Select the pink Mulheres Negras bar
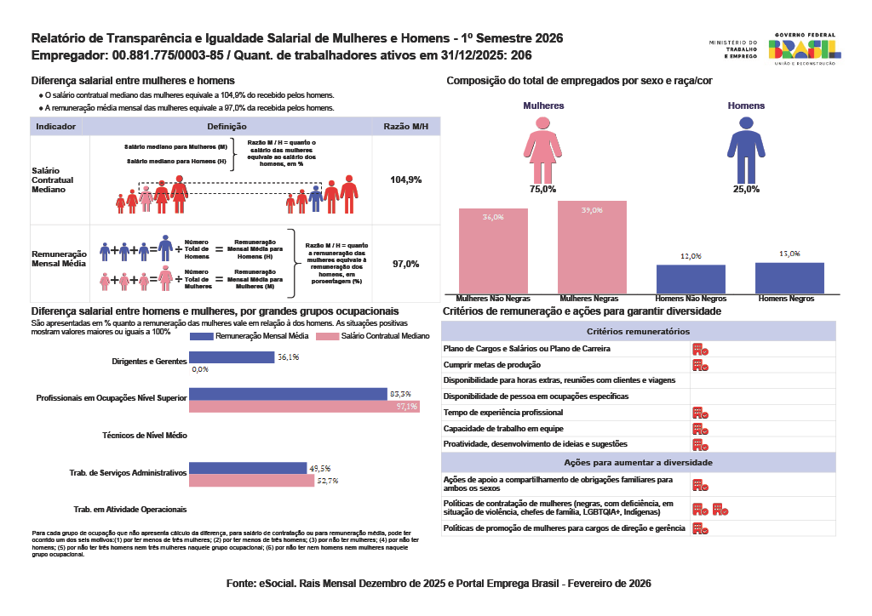(x=592, y=248)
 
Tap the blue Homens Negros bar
(x=789, y=278)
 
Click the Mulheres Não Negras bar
(x=493, y=251)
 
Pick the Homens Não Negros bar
(x=691, y=279)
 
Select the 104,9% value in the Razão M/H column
(x=405, y=180)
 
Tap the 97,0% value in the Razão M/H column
(x=405, y=264)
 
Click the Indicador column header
(x=55, y=126)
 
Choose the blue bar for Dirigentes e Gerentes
(x=232, y=357)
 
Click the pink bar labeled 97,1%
(x=303, y=407)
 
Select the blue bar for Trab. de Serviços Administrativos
(x=247, y=468)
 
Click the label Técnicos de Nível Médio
(x=144, y=435)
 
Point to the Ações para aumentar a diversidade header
(x=639, y=462)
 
